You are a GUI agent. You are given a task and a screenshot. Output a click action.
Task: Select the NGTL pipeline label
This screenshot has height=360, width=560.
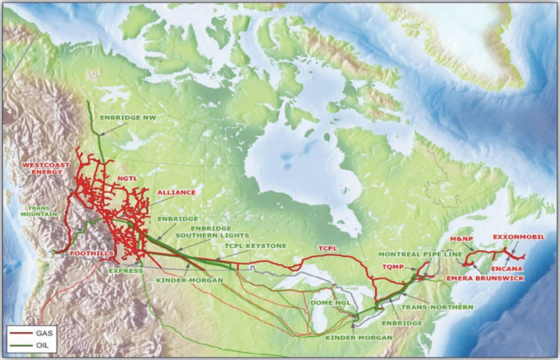click(x=128, y=179)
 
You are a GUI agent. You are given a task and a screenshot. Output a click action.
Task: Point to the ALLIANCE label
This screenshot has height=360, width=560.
click(x=176, y=193)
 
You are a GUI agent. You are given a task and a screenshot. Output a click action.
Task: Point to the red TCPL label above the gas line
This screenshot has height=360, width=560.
click(x=330, y=248)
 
